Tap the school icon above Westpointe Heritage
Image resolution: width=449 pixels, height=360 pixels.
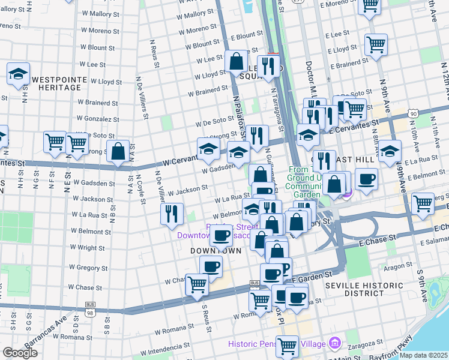[x=19, y=74]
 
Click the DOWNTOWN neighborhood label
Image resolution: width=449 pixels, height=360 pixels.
[x=211, y=250]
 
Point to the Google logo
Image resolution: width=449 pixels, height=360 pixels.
[x=20, y=353]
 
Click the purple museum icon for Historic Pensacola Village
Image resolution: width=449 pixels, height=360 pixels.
[x=335, y=344]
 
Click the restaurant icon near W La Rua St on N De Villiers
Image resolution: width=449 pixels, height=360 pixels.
[x=172, y=214]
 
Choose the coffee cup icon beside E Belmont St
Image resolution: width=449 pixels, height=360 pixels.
[x=366, y=178]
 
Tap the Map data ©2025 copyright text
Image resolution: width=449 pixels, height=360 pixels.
[x=423, y=355]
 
